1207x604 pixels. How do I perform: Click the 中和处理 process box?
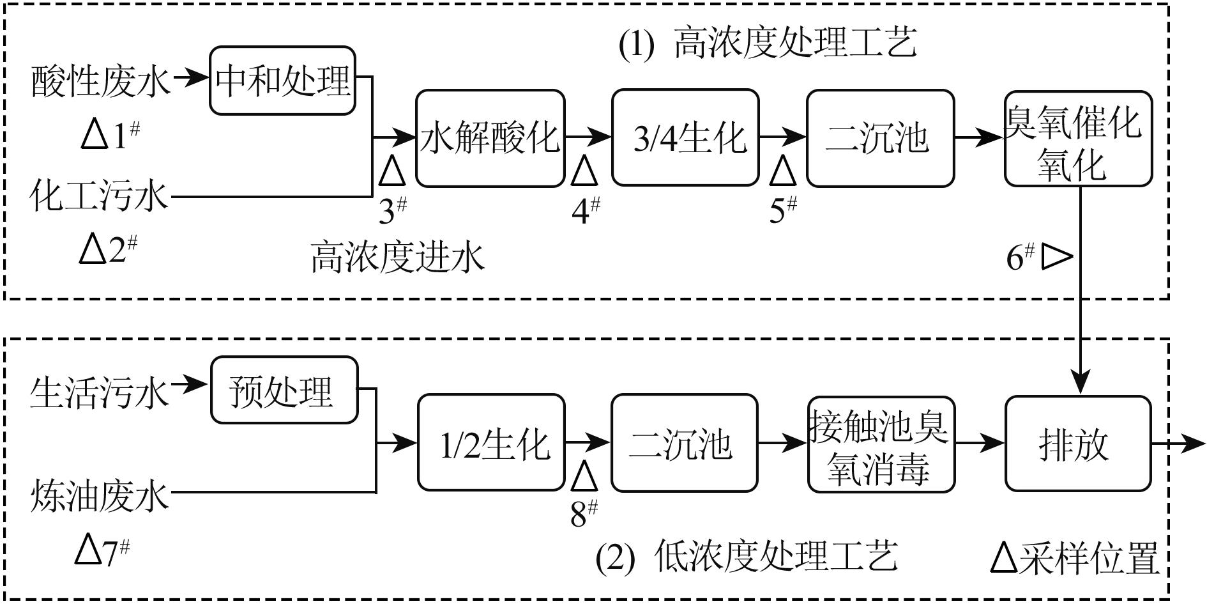point(282,81)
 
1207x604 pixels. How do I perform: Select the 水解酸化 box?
point(490,138)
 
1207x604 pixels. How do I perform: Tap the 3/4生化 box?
point(685,138)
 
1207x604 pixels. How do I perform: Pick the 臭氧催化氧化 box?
point(1078,139)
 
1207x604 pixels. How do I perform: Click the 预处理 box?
point(284,390)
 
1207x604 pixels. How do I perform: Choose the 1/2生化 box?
point(491,443)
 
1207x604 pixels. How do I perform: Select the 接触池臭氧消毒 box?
point(881,444)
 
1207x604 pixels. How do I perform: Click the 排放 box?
point(1078,444)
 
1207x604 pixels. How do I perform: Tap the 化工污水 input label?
point(99,196)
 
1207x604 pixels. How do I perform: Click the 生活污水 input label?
point(100,392)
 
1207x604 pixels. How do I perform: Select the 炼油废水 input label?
point(100,497)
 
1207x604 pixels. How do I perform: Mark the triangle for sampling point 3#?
point(392,171)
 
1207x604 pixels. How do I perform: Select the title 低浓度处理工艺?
point(775,556)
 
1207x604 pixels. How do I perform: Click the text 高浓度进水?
point(397,258)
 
